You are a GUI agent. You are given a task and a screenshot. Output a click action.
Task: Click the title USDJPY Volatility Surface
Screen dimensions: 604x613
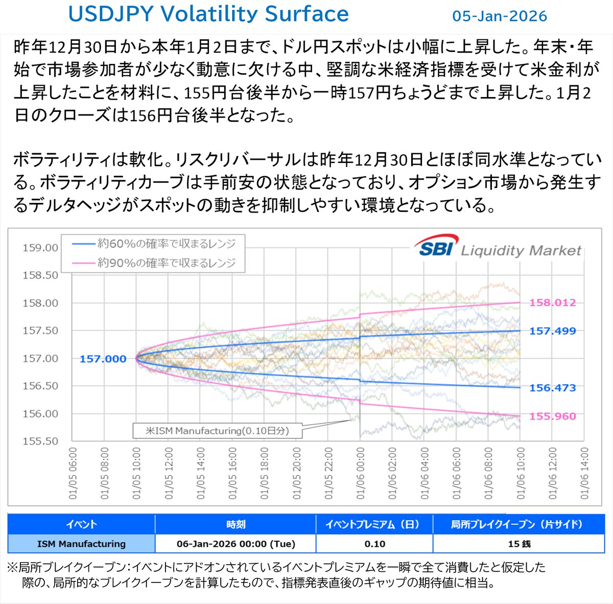tap(208, 14)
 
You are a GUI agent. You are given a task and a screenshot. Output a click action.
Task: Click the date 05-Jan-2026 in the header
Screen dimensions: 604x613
tap(499, 16)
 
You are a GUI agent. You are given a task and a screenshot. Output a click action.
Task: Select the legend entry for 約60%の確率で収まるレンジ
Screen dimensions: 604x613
tap(153, 244)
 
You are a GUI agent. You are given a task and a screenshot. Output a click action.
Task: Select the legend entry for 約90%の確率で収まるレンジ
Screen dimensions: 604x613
tap(153, 263)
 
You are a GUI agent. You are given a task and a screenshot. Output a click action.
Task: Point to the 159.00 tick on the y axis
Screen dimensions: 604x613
tap(40, 248)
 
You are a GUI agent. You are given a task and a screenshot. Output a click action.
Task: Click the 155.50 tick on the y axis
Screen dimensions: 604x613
tap(40, 441)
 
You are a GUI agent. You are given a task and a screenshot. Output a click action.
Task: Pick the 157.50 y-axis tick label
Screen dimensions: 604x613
tap(40, 331)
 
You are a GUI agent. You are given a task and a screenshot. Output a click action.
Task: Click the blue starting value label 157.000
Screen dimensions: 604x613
tap(103, 359)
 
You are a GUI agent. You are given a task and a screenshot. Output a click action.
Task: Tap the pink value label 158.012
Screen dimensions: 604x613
tap(552, 303)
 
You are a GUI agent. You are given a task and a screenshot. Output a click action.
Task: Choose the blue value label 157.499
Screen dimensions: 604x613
tap(552, 331)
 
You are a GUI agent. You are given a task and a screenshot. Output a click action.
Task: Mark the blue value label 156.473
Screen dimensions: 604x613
tap(552, 388)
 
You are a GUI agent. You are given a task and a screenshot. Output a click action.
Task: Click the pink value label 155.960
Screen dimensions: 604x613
tap(552, 416)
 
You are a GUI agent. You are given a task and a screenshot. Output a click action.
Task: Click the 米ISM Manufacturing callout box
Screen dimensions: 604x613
tap(217, 431)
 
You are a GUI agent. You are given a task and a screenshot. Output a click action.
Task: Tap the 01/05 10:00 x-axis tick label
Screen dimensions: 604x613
tap(136, 473)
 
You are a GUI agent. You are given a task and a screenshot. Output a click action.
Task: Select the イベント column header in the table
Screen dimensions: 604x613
tap(81, 524)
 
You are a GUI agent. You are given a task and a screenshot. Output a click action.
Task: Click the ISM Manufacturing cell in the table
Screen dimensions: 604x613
tap(81, 544)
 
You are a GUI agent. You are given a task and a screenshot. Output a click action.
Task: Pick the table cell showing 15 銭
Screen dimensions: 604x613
tap(518, 544)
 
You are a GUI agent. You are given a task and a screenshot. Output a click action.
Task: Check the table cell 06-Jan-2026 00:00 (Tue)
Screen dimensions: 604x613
tap(235, 544)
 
